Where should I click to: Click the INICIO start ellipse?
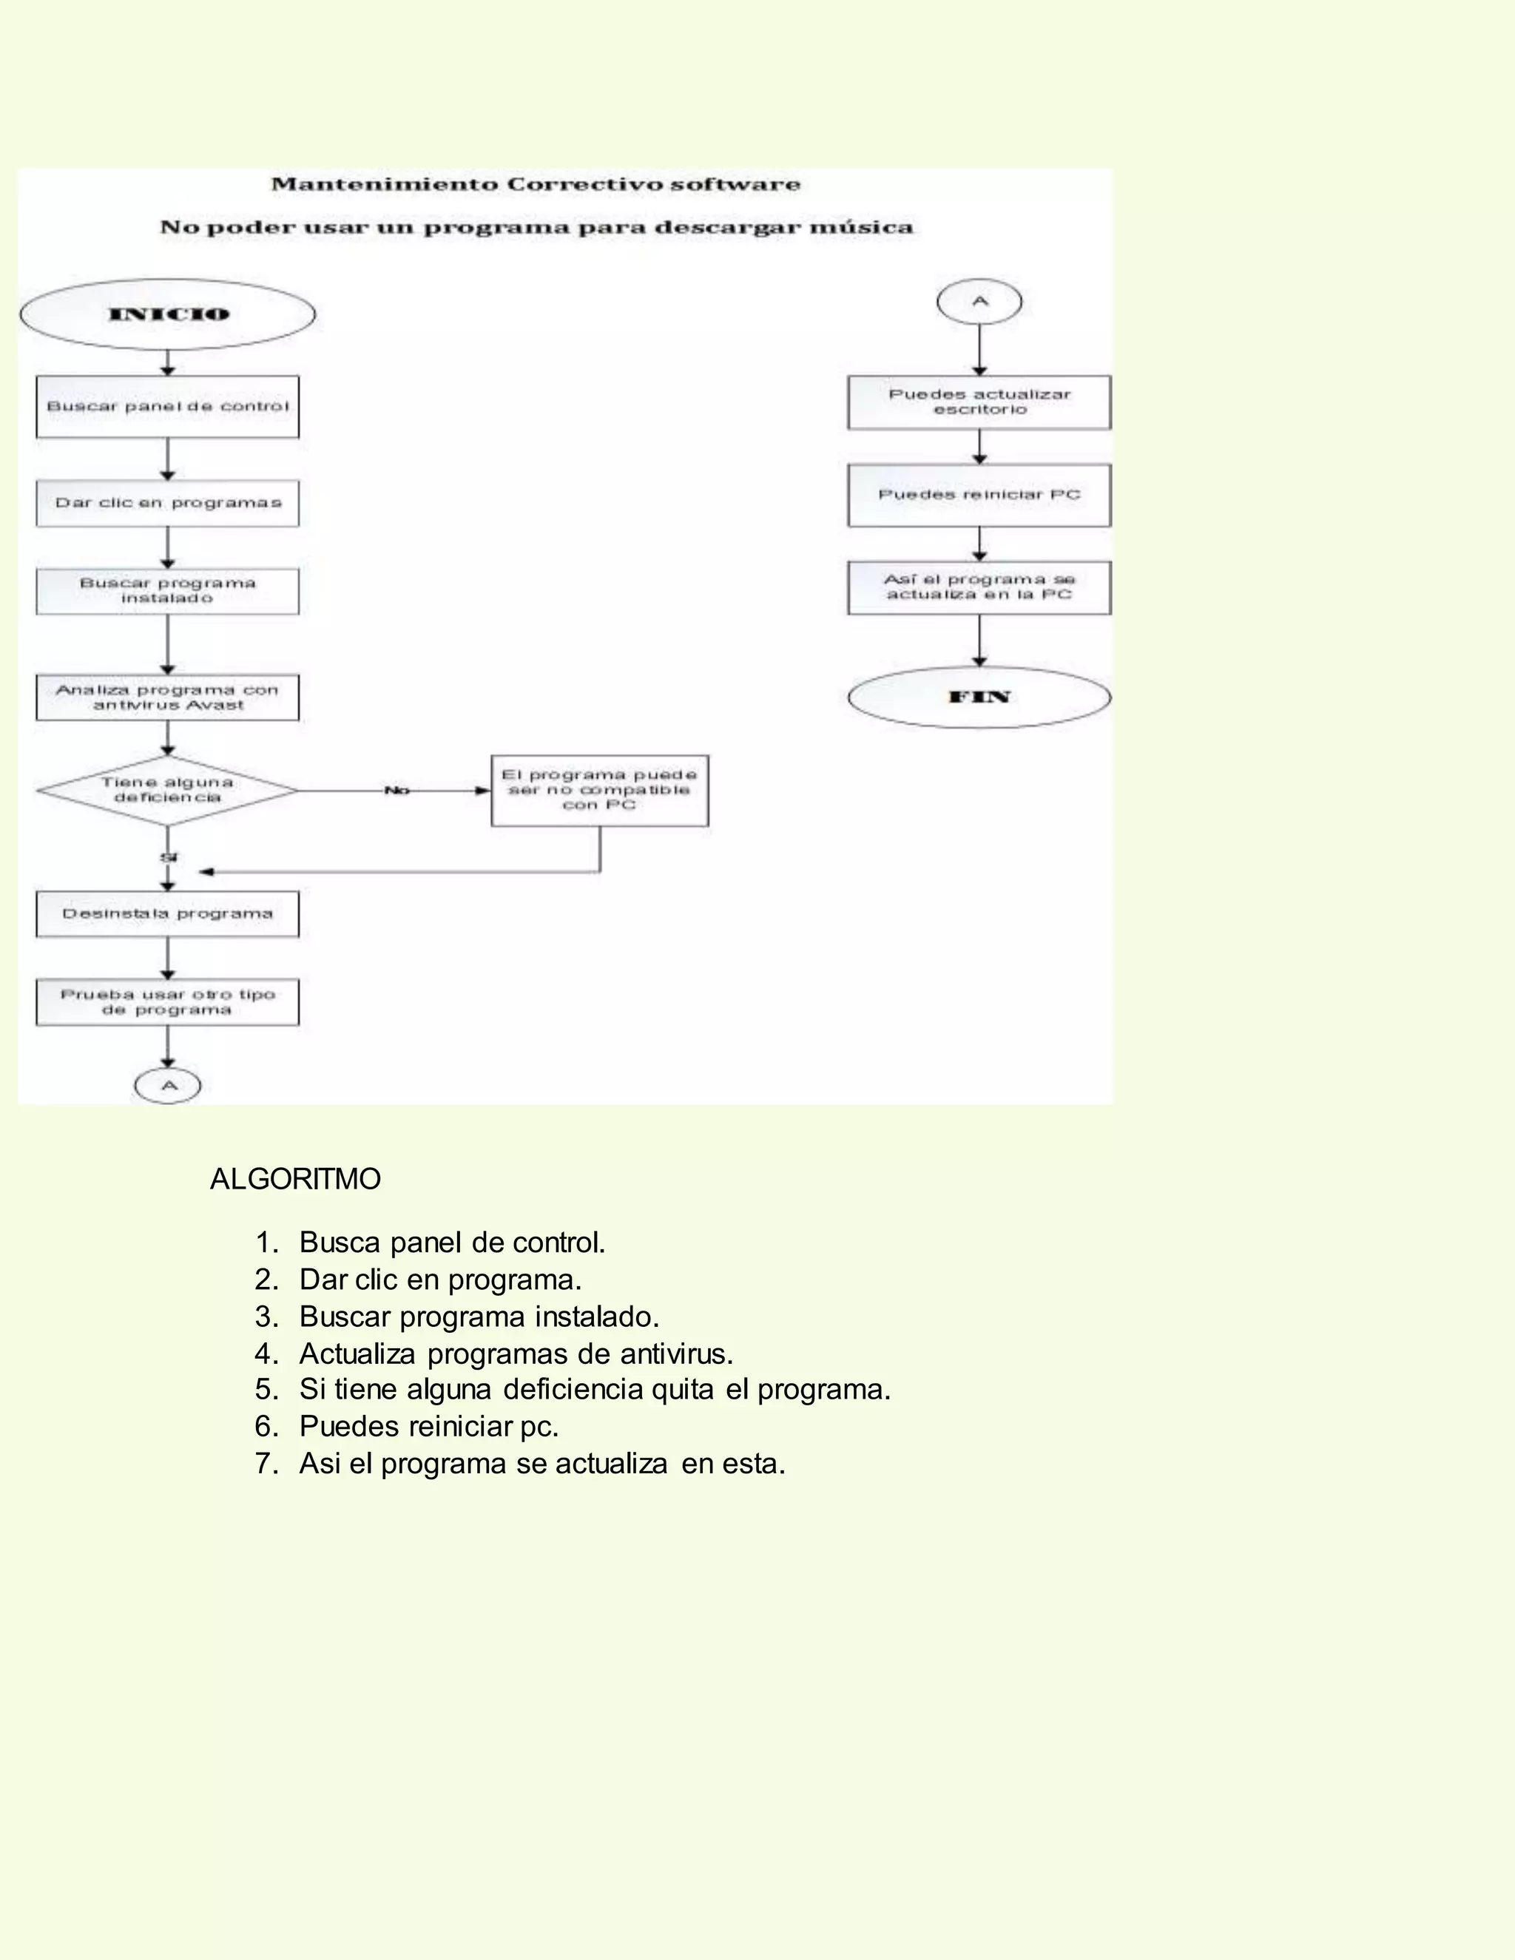tap(168, 314)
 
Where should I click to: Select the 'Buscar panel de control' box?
tap(168, 407)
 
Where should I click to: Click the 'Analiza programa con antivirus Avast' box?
tap(168, 697)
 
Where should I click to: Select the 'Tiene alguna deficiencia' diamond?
tap(168, 791)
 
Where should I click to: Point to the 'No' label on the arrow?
tap(397, 791)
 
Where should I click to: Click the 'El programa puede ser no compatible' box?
tap(599, 791)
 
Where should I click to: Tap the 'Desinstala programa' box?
tap(168, 913)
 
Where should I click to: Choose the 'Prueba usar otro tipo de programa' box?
tap(168, 1002)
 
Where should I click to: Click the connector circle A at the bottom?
tap(168, 1086)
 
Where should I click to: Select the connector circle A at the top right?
tap(979, 302)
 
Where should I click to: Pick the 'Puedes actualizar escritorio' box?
tap(979, 402)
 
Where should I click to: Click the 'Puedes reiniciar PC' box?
tap(979, 495)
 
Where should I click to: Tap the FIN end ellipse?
tap(979, 697)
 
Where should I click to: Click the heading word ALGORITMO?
tap(295, 1179)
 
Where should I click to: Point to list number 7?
tap(266, 1464)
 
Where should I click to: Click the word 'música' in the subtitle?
tap(861, 228)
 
